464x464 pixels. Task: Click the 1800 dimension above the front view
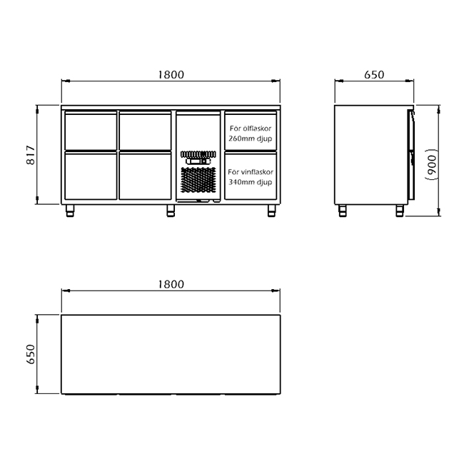pyautogui.click(x=171, y=74)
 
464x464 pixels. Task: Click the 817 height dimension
pyautogui.click(x=31, y=155)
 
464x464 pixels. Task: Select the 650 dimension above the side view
pyautogui.click(x=374, y=74)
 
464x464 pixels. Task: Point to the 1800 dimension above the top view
pyautogui.click(x=171, y=284)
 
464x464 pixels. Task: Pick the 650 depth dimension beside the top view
pyautogui.click(x=31, y=354)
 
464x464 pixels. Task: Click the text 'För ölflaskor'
pyautogui.click(x=251, y=128)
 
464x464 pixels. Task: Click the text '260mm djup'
pyautogui.click(x=251, y=138)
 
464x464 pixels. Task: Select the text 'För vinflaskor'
pyautogui.click(x=251, y=172)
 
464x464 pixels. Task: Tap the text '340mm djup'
pyautogui.click(x=251, y=182)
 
